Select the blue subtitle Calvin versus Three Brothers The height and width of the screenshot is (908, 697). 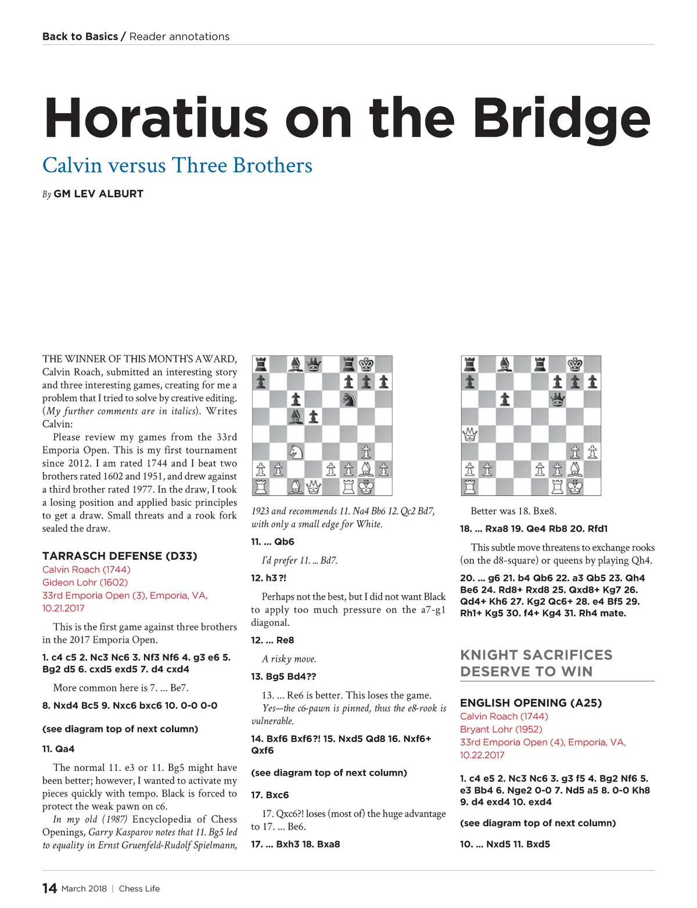point(177,165)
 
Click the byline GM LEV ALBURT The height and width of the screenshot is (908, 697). point(98,194)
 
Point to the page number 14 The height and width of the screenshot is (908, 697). point(49,888)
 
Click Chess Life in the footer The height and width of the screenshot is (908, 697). point(139,888)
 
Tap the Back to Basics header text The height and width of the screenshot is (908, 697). point(80,37)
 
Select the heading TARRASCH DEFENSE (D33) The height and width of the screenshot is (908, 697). point(120,556)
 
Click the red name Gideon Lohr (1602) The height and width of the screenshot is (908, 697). point(85,582)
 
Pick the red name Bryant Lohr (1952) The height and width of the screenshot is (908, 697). point(501,729)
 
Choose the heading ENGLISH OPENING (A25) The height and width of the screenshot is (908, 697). point(531,703)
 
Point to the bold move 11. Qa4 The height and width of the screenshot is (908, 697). point(58,749)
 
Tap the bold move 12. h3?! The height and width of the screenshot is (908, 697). point(268,578)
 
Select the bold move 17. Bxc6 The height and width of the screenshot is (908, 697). point(270,795)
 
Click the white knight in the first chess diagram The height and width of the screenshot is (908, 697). point(296,451)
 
